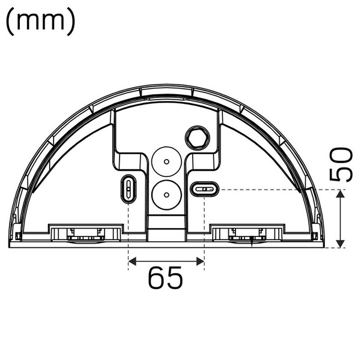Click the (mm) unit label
(41, 22)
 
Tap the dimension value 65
(166, 278)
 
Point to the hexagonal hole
(196, 137)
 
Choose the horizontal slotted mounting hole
(205, 190)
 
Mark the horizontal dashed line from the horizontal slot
(276, 190)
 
